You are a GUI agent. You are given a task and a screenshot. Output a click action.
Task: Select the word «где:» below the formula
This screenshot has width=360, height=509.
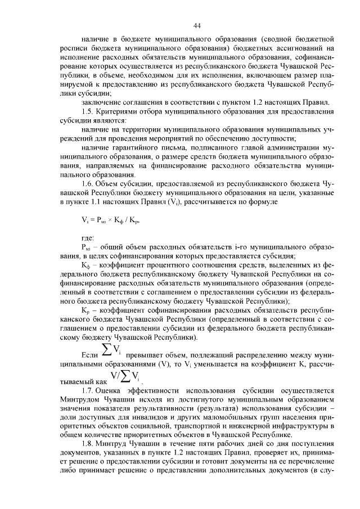coord(88,238)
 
